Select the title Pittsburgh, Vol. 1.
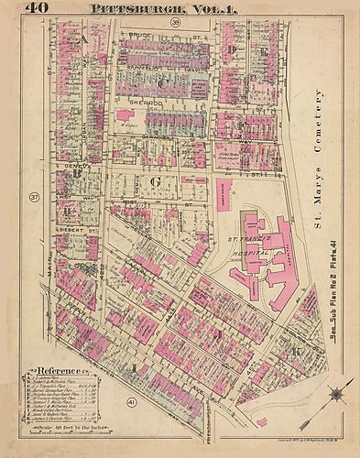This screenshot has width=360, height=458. click(161, 8)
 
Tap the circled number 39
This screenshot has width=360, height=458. click(173, 21)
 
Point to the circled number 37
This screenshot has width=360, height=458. click(35, 197)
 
